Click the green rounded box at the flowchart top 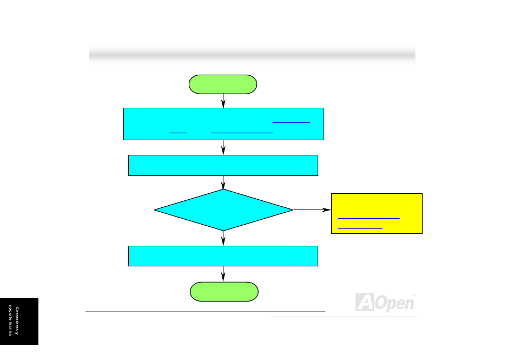click(x=223, y=84)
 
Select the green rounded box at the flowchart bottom click(x=224, y=291)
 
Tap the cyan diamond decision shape click(x=223, y=210)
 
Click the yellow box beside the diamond click(x=377, y=213)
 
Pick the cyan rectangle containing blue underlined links click(x=223, y=124)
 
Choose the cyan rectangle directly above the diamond click(x=223, y=165)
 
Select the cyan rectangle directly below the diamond click(x=223, y=256)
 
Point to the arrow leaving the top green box click(x=223, y=101)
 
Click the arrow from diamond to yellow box click(x=312, y=210)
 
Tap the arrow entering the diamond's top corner click(x=223, y=182)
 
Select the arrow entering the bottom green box click(x=223, y=274)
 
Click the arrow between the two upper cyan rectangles click(x=223, y=147)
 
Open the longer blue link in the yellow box click(x=368, y=218)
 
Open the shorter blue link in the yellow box click(x=360, y=228)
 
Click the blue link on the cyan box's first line click(x=292, y=122)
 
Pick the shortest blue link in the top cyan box click(x=177, y=132)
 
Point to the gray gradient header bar click(x=252, y=54)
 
